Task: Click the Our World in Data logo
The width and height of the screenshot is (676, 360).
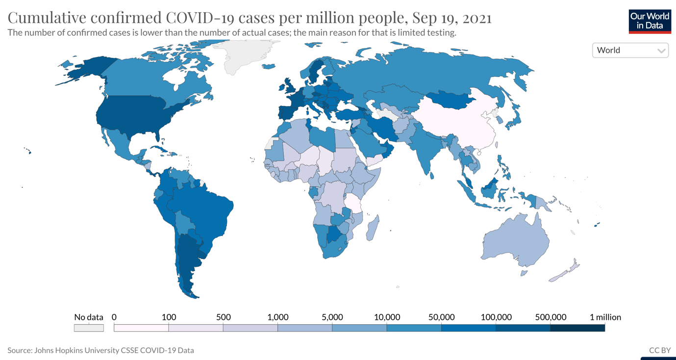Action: (650, 21)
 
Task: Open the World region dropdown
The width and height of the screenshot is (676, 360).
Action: (630, 50)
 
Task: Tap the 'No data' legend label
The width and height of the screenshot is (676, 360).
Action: (89, 317)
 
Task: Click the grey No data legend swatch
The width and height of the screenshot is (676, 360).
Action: (89, 328)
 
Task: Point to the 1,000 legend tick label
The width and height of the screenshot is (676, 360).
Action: (278, 317)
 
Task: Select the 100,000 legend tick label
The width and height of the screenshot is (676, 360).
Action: (496, 317)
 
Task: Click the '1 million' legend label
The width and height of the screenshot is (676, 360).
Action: (605, 317)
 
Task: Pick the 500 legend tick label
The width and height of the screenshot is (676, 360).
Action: (224, 317)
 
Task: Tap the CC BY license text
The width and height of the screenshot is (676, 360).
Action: (660, 350)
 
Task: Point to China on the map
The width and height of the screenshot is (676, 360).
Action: (461, 125)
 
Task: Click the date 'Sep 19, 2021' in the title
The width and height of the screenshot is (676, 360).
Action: (451, 18)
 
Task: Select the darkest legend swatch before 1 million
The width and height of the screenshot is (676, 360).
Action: (577, 328)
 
